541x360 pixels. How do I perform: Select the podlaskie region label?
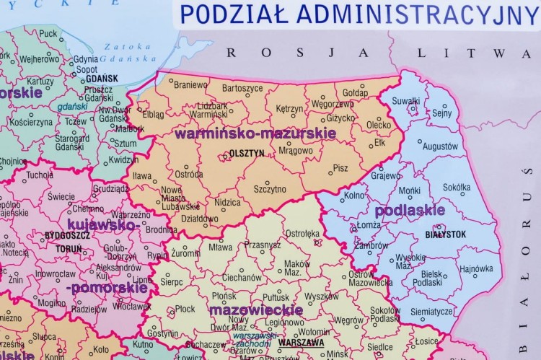coord(409,211)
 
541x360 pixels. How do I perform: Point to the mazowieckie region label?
coord(256,309)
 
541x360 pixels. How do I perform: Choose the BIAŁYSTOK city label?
coord(445,234)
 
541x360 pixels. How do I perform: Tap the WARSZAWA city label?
coord(301,343)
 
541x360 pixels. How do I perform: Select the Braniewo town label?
coord(190,84)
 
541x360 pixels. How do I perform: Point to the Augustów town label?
coord(440,146)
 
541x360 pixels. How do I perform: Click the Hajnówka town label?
coord(476,269)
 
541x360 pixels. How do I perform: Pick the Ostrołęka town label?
coord(303,233)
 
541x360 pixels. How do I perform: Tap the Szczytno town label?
coord(270,189)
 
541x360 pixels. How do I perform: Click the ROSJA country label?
coord(297,52)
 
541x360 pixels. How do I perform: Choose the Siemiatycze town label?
coord(431,312)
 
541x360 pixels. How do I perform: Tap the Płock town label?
coord(185,309)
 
